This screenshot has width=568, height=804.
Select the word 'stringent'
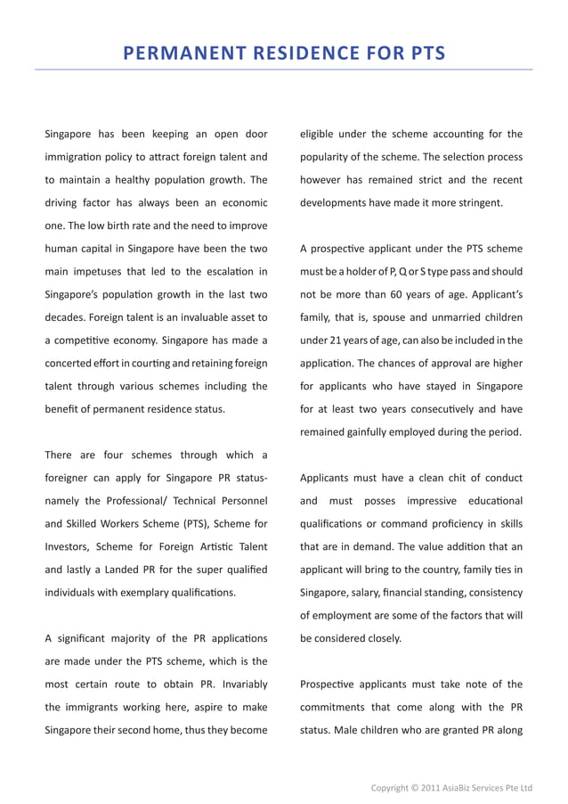[478, 202]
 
